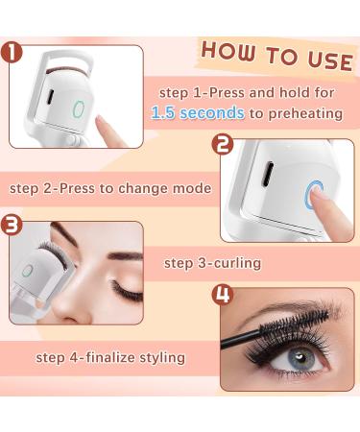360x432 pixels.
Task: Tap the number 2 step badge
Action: click(223, 146)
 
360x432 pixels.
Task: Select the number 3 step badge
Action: click(12, 227)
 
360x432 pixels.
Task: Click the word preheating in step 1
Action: click(305, 112)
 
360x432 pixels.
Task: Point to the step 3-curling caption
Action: click(211, 262)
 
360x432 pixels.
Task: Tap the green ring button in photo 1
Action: click(79, 108)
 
